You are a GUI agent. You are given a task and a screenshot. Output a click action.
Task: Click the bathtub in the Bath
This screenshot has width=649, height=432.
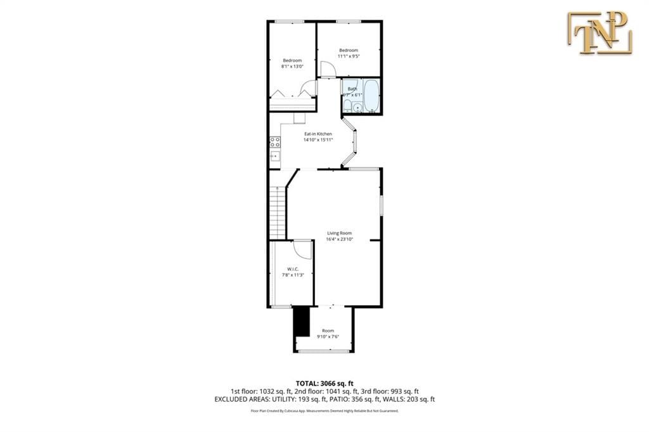[371, 95]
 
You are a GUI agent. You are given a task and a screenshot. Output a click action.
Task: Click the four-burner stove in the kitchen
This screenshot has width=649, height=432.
[275, 143]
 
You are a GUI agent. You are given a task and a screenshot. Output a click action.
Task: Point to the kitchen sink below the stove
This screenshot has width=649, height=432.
[275, 156]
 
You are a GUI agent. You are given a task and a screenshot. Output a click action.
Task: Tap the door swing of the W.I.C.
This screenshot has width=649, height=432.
[304, 249]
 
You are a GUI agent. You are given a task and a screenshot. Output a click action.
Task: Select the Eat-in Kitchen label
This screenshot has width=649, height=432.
[318, 134]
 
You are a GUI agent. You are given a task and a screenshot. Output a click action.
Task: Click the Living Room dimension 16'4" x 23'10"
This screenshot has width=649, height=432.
[339, 239]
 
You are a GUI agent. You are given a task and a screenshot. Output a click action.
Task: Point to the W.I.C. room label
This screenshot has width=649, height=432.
[292, 269]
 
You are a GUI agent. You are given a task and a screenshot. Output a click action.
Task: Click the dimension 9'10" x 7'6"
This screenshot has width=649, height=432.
[328, 336]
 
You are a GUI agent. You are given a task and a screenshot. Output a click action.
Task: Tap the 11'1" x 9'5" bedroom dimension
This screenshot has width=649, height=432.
[348, 56]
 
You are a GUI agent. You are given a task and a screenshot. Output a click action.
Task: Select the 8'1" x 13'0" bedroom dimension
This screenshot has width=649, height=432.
[292, 66]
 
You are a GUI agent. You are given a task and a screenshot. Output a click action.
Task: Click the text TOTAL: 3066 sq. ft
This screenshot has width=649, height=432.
[324, 383]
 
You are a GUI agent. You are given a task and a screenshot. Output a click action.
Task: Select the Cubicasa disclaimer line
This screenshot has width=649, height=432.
[324, 411]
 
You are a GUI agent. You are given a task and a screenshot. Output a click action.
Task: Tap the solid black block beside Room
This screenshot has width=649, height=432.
[301, 322]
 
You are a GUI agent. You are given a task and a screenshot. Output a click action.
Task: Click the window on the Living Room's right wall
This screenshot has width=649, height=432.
[382, 207]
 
